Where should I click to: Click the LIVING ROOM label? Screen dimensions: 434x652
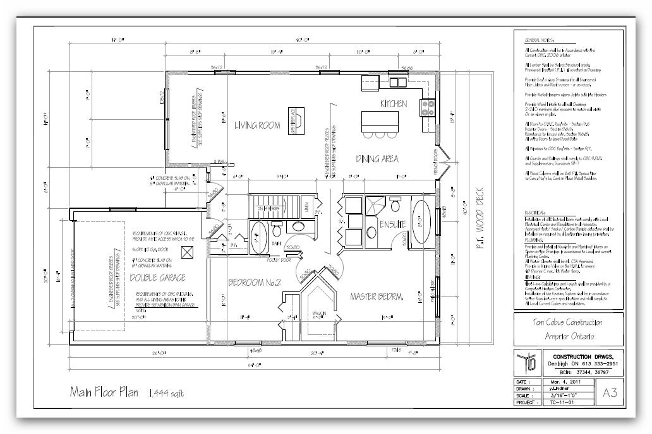pos(257,125)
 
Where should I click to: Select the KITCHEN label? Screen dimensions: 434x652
pos(393,103)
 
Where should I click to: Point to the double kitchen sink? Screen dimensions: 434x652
pos(397,83)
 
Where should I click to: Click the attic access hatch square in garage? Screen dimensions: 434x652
pos(186,252)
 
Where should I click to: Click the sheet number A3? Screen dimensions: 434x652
pos(610,392)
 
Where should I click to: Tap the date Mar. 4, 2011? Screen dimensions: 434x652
pos(562,382)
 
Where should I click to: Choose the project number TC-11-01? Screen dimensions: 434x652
pos(562,402)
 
